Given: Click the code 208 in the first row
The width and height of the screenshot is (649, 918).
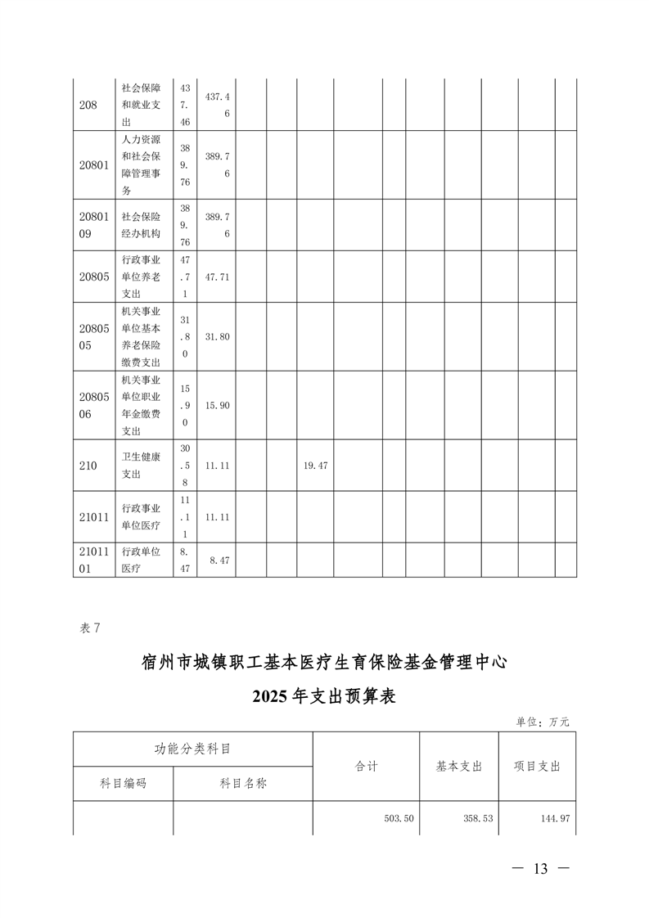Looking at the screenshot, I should pos(88,105).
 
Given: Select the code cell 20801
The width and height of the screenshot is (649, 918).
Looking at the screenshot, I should pos(93,164).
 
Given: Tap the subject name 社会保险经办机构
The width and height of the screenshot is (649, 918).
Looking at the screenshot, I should pos(140,225).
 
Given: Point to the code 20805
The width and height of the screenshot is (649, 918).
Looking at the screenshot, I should pos(93,277).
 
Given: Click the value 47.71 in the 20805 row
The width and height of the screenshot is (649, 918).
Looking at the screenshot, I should pos(217,277).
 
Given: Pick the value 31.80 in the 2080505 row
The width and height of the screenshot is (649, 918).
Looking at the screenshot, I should pos(217,336).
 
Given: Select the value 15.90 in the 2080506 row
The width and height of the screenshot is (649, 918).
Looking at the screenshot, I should pos(217,405).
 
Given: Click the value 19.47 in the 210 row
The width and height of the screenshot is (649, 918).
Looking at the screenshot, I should pos(315,465).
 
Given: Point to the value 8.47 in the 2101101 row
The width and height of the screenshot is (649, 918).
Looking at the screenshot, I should pos(219,560).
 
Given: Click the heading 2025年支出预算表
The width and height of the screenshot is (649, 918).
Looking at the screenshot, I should pos(324,697).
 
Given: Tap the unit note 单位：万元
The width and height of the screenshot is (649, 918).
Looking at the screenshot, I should pos(542,722).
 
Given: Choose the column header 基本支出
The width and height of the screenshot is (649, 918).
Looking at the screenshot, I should pos(459,767).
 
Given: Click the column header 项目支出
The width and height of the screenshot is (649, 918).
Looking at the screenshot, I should pos(536,767).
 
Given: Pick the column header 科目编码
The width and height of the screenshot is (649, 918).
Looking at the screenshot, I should pos(123,783).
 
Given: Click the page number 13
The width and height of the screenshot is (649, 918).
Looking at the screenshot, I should pos(539,869).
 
